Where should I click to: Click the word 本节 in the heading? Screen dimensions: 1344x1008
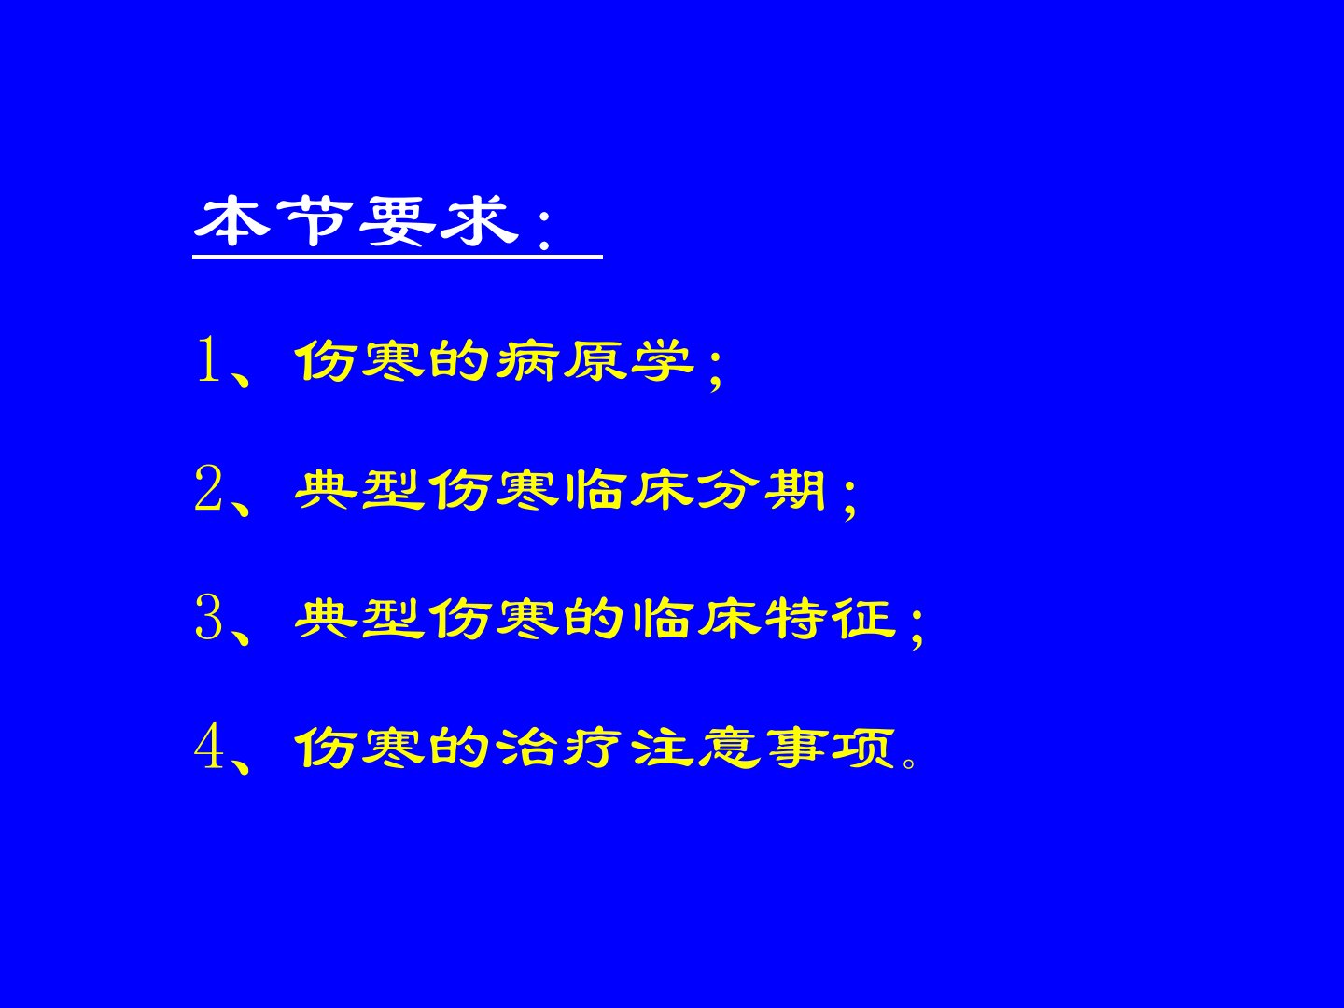pyautogui.click(x=273, y=221)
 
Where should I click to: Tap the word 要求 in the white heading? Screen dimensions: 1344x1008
pyautogui.click(x=439, y=221)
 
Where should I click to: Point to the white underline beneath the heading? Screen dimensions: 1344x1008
pyautogui.click(x=398, y=257)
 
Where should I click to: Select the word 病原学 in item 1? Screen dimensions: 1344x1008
pyautogui.click(x=595, y=360)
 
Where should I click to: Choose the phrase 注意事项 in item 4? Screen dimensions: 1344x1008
pyautogui.click(x=763, y=748)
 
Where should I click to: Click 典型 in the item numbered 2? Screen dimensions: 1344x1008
pyautogui.click(x=360, y=490)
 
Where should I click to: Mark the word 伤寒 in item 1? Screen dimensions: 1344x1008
pyautogui.click(x=360, y=360)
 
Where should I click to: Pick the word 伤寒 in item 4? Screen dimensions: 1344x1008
pyautogui.click(x=360, y=748)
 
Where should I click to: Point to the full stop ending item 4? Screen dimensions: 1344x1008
pyautogui.click(x=909, y=762)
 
